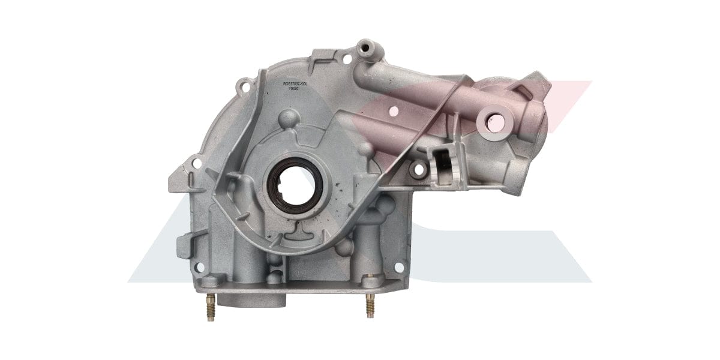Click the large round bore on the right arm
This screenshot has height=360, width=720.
pyautogui.click(x=495, y=122)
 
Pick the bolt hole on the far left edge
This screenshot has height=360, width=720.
pyautogui.click(x=194, y=161)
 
